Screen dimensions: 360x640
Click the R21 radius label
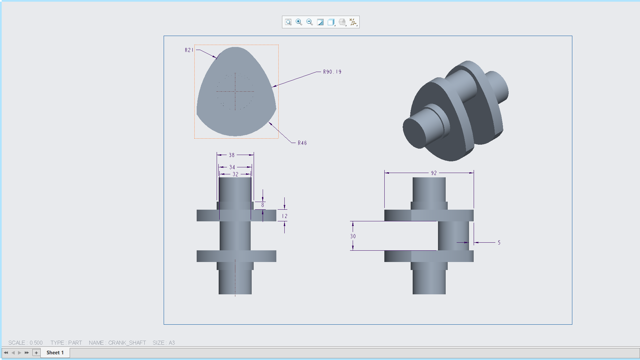[x=189, y=50]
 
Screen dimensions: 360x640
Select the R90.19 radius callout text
[x=332, y=72]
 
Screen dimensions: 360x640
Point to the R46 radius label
[x=302, y=143]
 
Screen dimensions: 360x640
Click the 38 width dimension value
[x=232, y=155]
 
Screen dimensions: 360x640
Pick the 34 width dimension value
[x=232, y=167]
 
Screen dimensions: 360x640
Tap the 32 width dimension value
[x=235, y=174]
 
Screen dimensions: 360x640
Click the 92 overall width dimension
[x=434, y=173]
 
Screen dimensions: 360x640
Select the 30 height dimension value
[x=353, y=236]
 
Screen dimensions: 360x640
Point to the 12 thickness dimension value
[x=285, y=216]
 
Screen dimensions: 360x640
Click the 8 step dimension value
[x=263, y=205]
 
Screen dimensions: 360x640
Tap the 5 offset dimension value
[x=499, y=242]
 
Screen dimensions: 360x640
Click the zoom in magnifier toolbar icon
[x=299, y=22]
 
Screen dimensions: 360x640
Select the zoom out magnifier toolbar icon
[x=310, y=22]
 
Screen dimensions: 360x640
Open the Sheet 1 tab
[x=55, y=352]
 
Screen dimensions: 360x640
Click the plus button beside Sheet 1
[x=36, y=352]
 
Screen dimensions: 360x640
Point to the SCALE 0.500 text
[x=25, y=343]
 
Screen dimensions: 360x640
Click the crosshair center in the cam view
[x=235, y=91]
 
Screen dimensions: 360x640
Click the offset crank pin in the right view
[x=453, y=236]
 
